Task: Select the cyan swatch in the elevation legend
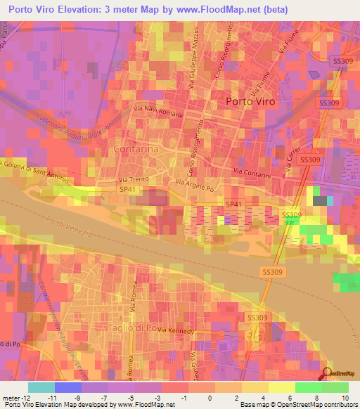[x=41, y=387]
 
